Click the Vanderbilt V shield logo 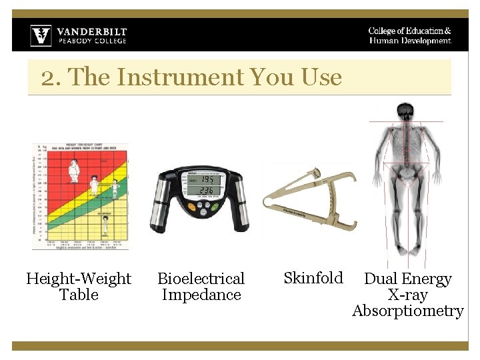coord(41,35)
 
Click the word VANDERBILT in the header coord(91,31)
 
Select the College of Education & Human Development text coord(409,36)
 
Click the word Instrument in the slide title coord(180,77)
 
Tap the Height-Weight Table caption coord(79,287)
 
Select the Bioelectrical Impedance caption coord(201,287)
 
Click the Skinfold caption coord(313,278)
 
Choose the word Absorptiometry coord(407,311)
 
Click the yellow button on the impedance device coord(191,206)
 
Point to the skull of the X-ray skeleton coord(405,111)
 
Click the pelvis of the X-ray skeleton coord(405,173)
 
